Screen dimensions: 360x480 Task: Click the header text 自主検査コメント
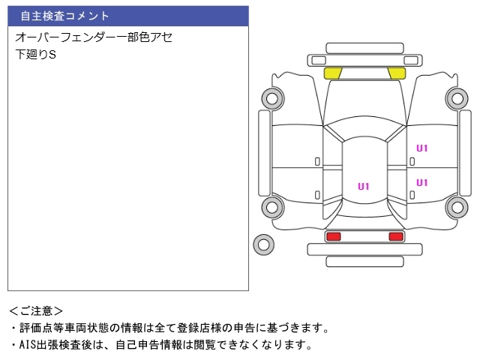[64, 16]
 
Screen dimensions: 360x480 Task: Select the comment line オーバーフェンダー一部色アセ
[94, 37]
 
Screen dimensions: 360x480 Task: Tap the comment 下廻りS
[35, 55]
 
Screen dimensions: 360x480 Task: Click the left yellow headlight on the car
[332, 73]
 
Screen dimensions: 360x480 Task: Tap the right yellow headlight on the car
[396, 73]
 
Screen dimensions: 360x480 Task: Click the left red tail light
[333, 236]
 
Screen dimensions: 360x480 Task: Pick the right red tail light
[395, 236]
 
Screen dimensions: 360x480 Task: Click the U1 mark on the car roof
[364, 187]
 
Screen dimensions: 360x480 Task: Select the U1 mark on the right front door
[421, 148]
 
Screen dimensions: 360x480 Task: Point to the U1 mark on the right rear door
[421, 183]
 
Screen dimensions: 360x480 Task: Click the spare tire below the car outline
[263, 244]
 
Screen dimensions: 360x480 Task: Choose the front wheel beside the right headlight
[456, 97]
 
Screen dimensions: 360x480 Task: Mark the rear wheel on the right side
[456, 207]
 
